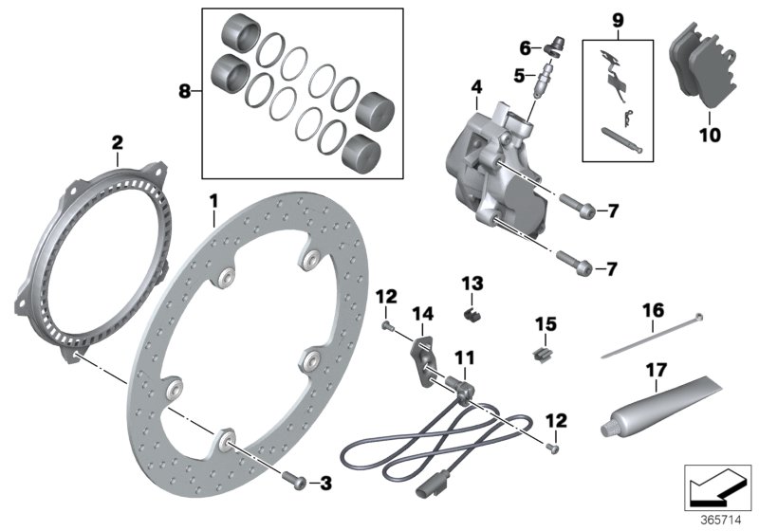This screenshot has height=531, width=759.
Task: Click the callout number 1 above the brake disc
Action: [213, 202]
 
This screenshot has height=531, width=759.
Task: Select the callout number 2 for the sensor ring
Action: [117, 143]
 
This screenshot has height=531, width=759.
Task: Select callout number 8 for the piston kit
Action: [185, 92]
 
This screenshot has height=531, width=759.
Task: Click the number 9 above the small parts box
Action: [618, 19]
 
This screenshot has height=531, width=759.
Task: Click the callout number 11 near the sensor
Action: [463, 358]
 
